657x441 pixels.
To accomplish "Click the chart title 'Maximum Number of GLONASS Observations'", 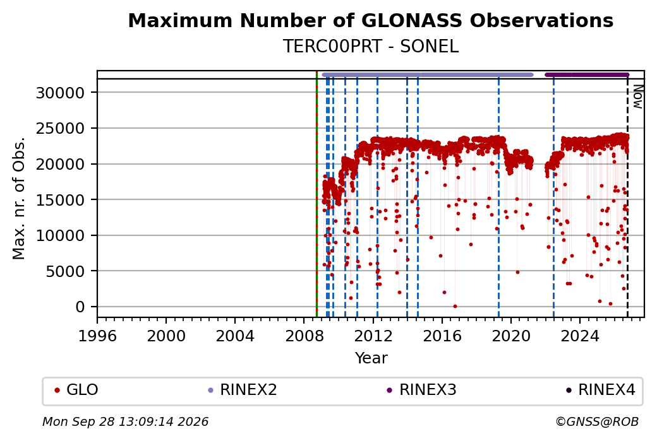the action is click(x=370, y=20).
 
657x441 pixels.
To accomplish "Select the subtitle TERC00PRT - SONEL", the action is click(x=371, y=47).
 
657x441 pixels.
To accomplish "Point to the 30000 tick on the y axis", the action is click(x=61, y=93).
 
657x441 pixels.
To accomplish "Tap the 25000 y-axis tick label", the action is click(x=61, y=129).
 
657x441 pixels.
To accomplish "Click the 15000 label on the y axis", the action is click(x=61, y=200).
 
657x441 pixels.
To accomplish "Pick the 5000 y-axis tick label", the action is click(x=65, y=271).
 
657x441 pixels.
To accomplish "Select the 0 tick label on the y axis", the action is click(x=80, y=307).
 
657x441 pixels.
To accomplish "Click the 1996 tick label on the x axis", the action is click(x=98, y=336).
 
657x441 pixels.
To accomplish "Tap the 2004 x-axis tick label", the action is click(x=235, y=336).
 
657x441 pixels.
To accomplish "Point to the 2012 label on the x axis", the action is click(x=373, y=336).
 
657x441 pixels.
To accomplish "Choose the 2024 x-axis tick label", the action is click(x=580, y=336).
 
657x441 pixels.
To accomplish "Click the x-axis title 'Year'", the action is click(x=371, y=358).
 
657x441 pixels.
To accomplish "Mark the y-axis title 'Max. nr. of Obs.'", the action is click(x=19, y=198).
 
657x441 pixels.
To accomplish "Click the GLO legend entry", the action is click(x=76, y=390).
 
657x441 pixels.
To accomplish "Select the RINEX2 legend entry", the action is click(x=243, y=390).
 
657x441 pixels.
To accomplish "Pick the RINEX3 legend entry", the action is click(x=421, y=390).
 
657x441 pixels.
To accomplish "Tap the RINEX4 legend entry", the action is click(x=601, y=390).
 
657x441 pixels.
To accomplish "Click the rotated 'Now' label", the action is click(x=637, y=97).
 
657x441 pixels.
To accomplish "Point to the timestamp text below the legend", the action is click(x=125, y=421).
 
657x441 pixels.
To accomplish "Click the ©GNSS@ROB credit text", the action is click(x=597, y=421).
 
